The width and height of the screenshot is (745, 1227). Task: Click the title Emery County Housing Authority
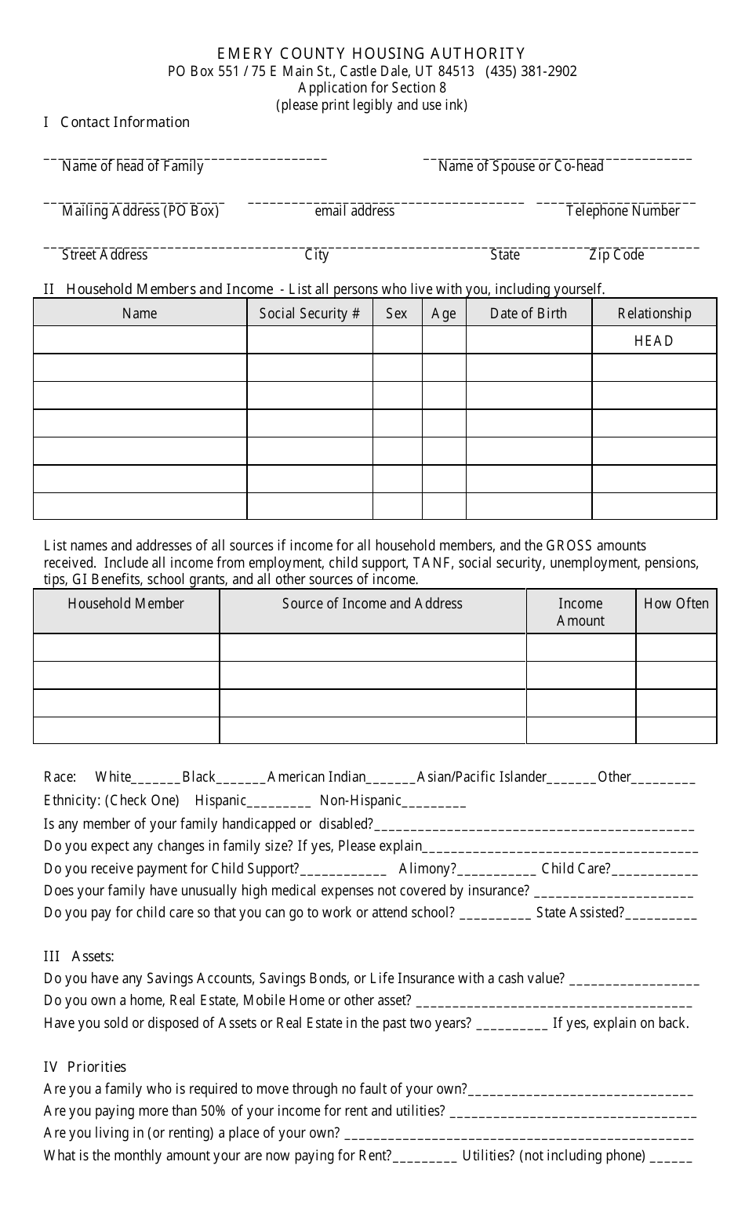(371, 53)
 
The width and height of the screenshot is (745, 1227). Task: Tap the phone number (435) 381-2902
(531, 71)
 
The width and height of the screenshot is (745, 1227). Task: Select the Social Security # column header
(309, 314)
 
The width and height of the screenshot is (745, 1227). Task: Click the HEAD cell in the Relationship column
(654, 341)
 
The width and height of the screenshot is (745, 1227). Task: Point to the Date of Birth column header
(528, 314)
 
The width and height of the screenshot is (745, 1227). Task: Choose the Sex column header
(397, 314)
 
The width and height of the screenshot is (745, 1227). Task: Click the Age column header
(444, 314)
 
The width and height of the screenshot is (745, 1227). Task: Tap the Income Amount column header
(580, 612)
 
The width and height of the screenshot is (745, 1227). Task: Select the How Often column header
(676, 604)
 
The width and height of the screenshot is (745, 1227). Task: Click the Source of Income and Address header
(372, 604)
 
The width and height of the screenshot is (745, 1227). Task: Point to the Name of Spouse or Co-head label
(521, 166)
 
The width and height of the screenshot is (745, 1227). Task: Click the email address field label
(354, 211)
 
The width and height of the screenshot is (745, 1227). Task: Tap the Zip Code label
(616, 255)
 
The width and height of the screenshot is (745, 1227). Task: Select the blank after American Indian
(391, 779)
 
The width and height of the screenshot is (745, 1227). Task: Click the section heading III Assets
(78, 957)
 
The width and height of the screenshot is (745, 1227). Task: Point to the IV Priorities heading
(85, 1067)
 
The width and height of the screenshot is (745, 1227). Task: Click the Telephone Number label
(623, 211)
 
